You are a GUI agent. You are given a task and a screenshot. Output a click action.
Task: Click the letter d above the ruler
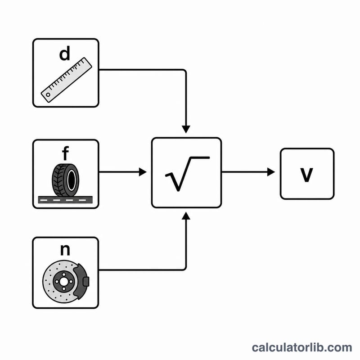64,54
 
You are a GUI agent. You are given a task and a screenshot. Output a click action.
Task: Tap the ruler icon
66,80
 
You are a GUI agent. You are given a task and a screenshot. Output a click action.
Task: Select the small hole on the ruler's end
48,94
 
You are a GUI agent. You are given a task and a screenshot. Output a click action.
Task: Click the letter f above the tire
65,153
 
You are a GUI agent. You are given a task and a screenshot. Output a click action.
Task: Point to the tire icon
66,180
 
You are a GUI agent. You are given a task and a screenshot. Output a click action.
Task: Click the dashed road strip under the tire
65,200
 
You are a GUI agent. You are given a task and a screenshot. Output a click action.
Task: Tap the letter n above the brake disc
65,250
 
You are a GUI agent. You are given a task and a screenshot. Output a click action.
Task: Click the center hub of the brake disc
63,282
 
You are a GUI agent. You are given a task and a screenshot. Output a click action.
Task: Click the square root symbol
187,174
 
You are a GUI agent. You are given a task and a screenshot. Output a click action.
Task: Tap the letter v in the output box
307,175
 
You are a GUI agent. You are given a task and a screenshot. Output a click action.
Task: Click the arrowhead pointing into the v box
271,172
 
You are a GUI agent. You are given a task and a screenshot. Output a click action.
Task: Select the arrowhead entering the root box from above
186,129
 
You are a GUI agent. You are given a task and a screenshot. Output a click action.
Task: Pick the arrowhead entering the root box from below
186,216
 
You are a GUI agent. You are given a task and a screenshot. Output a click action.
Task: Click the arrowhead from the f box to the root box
143,172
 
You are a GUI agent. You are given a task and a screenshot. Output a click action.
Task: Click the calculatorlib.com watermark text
301,347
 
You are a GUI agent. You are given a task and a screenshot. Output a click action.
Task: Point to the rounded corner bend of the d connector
184,71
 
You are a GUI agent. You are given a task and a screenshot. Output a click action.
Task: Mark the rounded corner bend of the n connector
184,269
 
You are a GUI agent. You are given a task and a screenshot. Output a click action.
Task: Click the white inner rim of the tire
71,180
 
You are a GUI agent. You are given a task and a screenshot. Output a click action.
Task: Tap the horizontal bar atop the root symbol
200,157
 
